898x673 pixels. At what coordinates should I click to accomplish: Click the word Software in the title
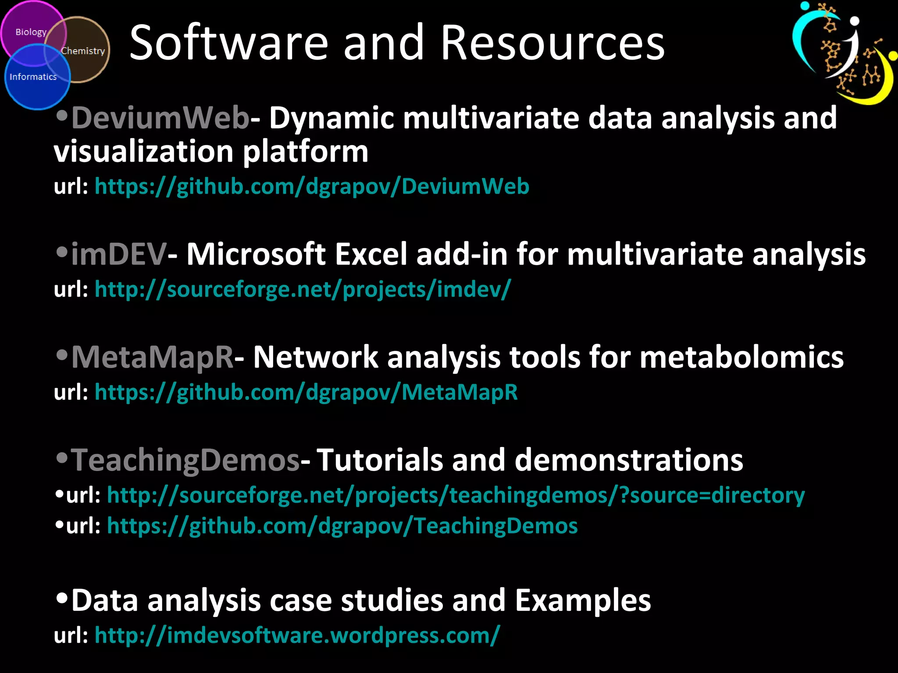point(228,43)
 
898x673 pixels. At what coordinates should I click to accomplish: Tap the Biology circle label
point(31,32)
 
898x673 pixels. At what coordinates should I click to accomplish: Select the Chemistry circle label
point(83,51)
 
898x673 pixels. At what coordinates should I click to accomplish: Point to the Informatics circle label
point(33,77)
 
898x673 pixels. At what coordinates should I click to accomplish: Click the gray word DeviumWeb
point(160,118)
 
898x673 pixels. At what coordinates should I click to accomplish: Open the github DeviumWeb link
point(311,186)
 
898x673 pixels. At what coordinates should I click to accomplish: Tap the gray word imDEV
point(118,254)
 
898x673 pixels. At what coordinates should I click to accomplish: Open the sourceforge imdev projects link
point(303,289)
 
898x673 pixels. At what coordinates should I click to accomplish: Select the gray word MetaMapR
point(152,357)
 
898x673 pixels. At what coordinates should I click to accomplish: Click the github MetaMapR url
point(306,392)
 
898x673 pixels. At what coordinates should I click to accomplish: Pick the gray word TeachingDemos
point(185,460)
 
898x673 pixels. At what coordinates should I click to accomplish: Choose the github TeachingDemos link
point(342,526)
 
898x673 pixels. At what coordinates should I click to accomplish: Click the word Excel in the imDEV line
point(371,254)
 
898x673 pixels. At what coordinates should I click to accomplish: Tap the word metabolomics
point(741,357)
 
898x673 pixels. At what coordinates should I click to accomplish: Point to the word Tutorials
point(380,460)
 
